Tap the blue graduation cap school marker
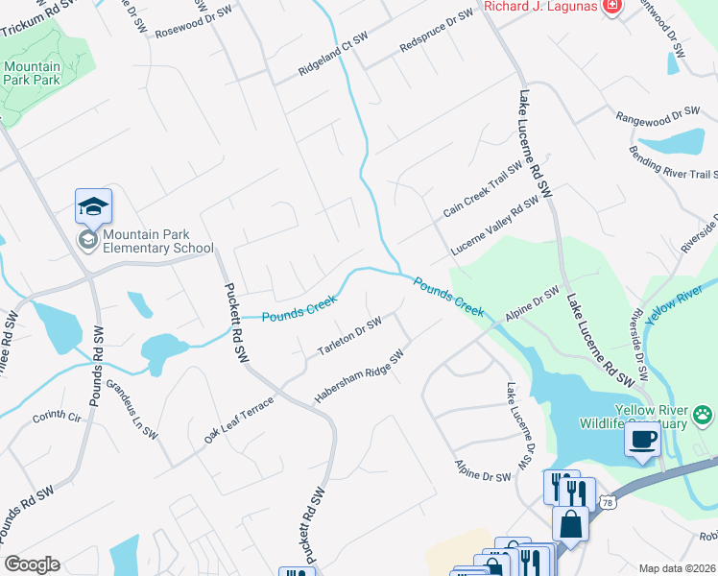[x=94, y=205]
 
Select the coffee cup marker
[x=641, y=440]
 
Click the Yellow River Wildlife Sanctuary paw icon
[x=704, y=415]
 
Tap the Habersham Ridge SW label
[x=356, y=376]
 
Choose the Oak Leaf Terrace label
[x=238, y=420]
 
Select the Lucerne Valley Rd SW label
[x=496, y=226]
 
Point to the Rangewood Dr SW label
[x=658, y=114]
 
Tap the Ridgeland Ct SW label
[x=333, y=56]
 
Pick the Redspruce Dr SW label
[x=437, y=31]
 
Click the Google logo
[x=32, y=564]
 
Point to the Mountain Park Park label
[x=32, y=73]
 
